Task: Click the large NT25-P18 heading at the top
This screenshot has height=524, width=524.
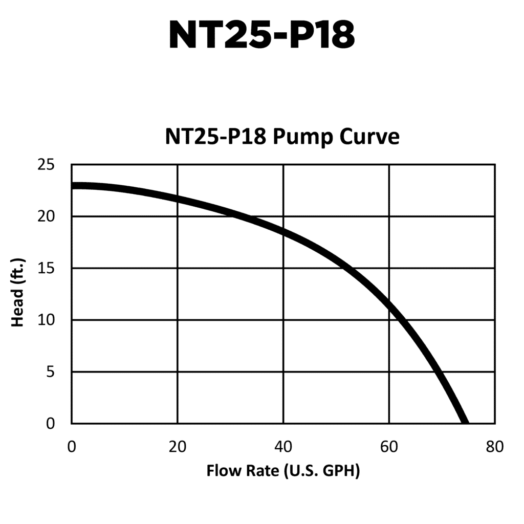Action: point(261,35)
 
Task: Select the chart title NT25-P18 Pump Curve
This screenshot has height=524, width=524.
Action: point(282,137)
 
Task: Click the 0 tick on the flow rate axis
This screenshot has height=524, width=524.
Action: point(72,446)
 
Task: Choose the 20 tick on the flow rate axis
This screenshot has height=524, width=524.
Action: point(178,446)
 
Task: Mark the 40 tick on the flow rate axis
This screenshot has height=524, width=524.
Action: point(283,446)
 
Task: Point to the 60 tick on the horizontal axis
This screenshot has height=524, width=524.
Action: point(389,446)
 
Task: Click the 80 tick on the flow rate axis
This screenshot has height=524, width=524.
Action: point(495,446)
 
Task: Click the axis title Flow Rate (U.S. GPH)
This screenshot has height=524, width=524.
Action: point(283,470)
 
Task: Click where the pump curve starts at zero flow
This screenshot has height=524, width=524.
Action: point(73,185)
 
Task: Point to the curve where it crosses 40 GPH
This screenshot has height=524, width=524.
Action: point(283,231)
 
